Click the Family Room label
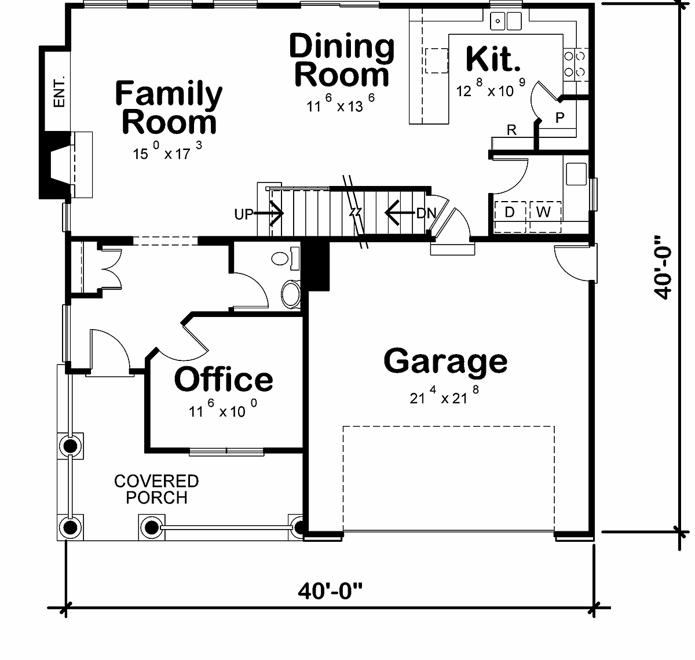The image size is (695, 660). [x=169, y=108]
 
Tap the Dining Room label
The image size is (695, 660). [x=342, y=60]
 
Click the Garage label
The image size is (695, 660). [x=445, y=361]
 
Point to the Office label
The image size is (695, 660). [x=224, y=379]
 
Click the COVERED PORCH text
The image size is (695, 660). [x=156, y=490]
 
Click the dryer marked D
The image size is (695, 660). [x=510, y=217]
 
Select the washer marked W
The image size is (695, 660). [x=545, y=217]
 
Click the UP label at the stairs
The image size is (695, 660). [x=244, y=214]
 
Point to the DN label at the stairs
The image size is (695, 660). [x=426, y=213]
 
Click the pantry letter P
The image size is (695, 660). [x=559, y=118]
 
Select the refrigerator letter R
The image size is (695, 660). [x=511, y=130]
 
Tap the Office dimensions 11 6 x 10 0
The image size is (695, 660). [x=223, y=409]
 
